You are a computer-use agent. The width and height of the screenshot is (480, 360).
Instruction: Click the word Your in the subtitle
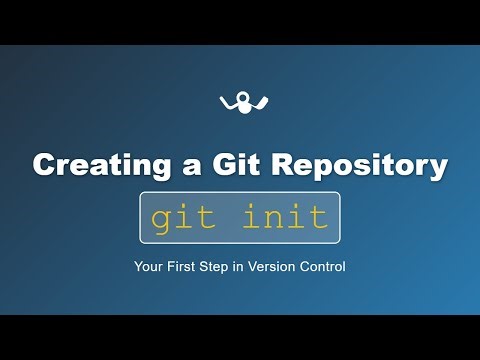(148, 267)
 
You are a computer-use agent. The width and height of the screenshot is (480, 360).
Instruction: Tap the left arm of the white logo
(225, 100)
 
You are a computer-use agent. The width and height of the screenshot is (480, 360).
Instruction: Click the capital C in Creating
(43, 166)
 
